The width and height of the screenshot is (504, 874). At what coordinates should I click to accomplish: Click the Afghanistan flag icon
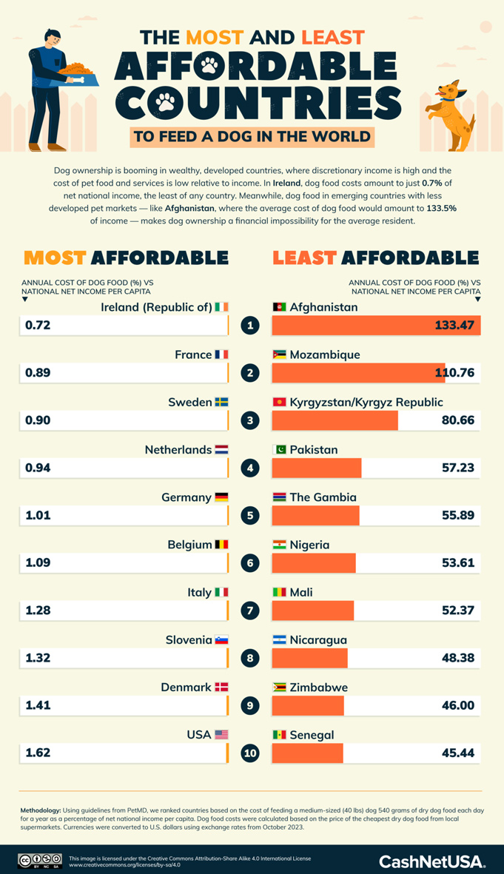coord(279,307)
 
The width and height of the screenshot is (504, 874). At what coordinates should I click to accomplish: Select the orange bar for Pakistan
coord(317,468)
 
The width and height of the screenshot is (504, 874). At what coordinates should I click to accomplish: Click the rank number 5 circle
coord(250,515)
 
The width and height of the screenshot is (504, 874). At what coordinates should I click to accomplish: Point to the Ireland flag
coord(222,307)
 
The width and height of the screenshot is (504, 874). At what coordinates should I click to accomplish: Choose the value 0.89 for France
coord(38,373)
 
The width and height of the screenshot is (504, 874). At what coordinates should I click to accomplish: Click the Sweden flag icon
coord(221,402)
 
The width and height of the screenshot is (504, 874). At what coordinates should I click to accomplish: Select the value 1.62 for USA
coord(38,753)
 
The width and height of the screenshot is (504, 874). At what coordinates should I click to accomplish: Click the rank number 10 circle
coord(250,753)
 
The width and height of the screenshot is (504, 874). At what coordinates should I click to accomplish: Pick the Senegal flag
coord(279,735)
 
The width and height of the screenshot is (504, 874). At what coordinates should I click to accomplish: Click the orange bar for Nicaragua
coord(309,658)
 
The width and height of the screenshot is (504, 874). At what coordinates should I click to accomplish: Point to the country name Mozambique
coord(325,354)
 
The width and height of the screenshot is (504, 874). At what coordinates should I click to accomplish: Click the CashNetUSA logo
coord(432,861)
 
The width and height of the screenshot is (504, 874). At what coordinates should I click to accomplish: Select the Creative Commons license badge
coord(39,861)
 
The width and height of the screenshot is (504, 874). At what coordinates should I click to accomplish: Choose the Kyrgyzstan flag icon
coord(279,402)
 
